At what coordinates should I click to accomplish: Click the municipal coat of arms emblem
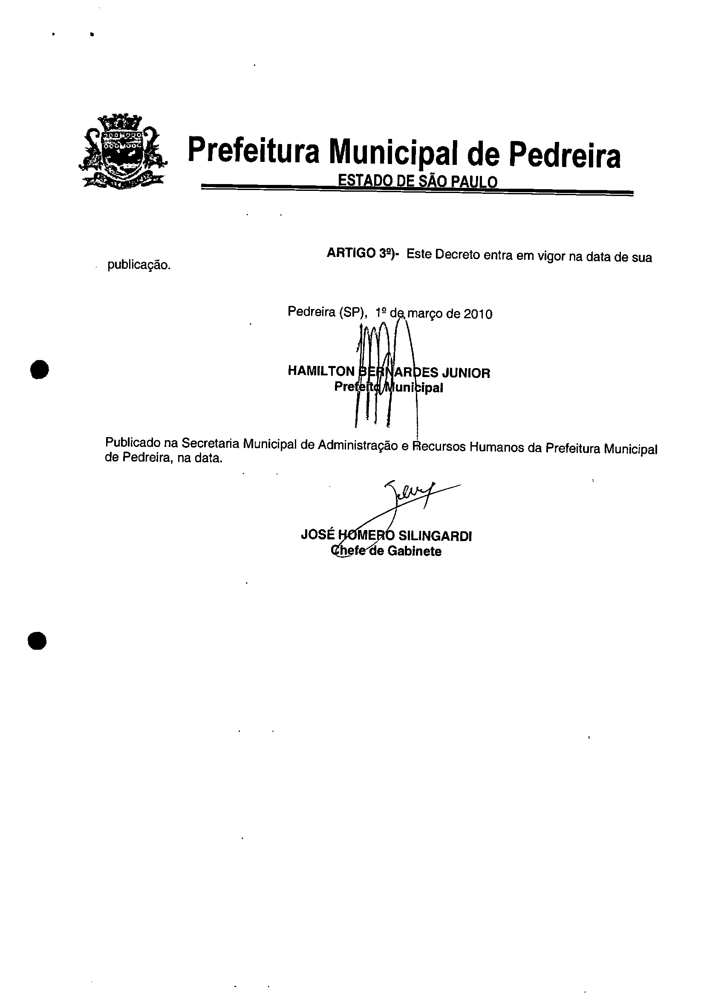pyautogui.click(x=123, y=152)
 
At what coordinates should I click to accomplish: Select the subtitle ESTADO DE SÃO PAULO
pyautogui.click(x=417, y=182)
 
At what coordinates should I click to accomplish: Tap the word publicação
pyautogui.click(x=139, y=265)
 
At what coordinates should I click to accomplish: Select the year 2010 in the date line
pyautogui.click(x=478, y=314)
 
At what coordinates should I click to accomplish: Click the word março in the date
pyautogui.click(x=425, y=314)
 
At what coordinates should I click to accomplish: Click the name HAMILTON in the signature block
pyautogui.click(x=321, y=371)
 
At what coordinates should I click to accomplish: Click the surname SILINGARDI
pyautogui.click(x=435, y=536)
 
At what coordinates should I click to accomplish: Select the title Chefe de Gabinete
pyautogui.click(x=386, y=551)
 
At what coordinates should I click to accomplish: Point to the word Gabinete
pyautogui.click(x=414, y=552)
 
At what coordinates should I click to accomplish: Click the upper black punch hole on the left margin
pyautogui.click(x=39, y=369)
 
